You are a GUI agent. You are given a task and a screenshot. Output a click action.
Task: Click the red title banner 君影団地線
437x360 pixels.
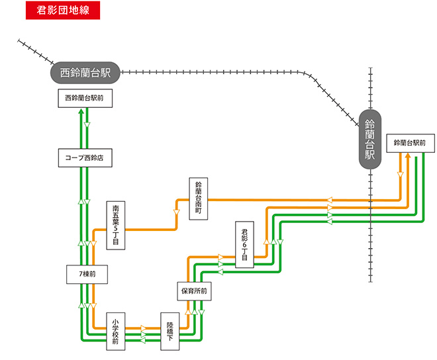pyautogui.click(x=64, y=11)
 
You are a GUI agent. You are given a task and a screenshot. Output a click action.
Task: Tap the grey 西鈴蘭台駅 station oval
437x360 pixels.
pyautogui.click(x=85, y=71)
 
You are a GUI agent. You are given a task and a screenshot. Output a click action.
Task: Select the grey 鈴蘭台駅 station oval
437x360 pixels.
pyautogui.click(x=369, y=140)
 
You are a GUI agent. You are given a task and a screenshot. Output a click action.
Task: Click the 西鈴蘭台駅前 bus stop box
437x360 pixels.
pyautogui.click(x=85, y=99)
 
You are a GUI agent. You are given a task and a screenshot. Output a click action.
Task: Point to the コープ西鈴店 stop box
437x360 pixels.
pyautogui.click(x=85, y=158)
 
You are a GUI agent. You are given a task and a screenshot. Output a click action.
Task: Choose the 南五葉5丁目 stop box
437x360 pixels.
pyautogui.click(x=116, y=226)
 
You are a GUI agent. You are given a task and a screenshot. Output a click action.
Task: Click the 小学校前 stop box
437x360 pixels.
pyautogui.click(x=115, y=332)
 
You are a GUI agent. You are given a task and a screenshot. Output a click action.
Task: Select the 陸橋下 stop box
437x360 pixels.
pyautogui.click(x=170, y=332)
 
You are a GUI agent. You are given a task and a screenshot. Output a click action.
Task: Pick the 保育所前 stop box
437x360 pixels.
pyautogui.click(x=194, y=291)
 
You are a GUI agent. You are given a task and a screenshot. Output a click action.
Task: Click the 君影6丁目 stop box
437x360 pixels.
pyautogui.click(x=244, y=245)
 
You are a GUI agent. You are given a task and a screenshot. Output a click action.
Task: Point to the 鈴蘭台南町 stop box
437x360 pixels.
pyautogui.click(x=198, y=197)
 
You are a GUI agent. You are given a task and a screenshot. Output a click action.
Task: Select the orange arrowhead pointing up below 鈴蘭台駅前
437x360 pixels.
pyautogui.click(x=409, y=157)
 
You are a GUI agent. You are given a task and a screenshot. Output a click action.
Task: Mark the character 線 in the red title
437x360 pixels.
pyautogui.click(x=94, y=11)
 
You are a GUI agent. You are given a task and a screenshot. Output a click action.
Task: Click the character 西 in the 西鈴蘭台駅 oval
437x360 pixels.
pyautogui.click(x=65, y=71)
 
